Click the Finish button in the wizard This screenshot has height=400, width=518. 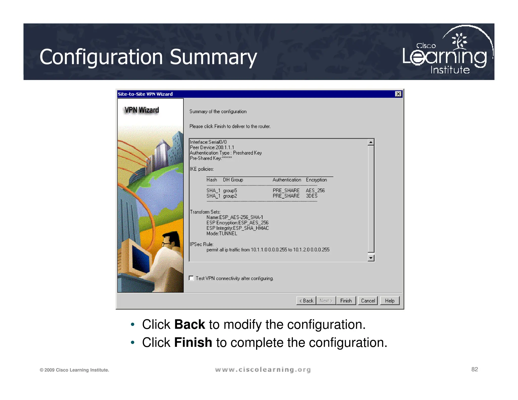point(346,301)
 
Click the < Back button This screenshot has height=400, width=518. point(306,301)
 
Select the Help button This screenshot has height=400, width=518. point(390,301)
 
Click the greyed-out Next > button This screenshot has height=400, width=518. point(326,301)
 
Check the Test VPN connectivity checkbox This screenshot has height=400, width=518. point(191,278)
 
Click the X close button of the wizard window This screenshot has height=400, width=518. point(398,94)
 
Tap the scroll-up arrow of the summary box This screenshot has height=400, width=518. point(371,142)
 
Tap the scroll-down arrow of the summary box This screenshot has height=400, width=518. point(371,258)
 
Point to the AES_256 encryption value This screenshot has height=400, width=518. point(315,190)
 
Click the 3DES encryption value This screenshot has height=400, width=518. point(312,196)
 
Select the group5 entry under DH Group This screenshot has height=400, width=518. point(230,190)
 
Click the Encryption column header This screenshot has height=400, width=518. point(316,180)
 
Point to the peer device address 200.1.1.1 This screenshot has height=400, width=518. point(225,147)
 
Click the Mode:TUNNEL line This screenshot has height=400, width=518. point(222,234)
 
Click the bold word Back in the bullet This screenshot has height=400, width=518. point(189,324)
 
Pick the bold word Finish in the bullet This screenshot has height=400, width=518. point(193,343)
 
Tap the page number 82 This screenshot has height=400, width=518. point(474,369)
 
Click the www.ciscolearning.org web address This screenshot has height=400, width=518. point(263,370)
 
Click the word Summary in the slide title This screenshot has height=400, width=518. point(213,57)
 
